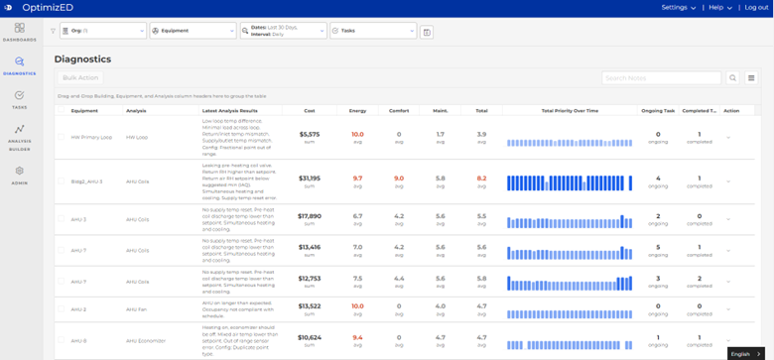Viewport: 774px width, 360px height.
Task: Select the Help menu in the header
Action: point(719,8)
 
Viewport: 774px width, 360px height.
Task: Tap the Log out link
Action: point(756,8)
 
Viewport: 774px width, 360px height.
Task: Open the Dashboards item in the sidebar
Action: point(19,32)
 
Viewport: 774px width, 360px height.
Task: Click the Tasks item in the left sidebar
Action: point(19,99)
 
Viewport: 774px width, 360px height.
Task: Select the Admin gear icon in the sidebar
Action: point(19,176)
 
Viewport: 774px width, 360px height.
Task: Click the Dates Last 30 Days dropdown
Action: point(282,31)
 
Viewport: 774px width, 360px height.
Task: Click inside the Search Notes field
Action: point(661,77)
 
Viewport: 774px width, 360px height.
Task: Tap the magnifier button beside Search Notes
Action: point(733,77)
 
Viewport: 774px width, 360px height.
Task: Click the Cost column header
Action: point(310,110)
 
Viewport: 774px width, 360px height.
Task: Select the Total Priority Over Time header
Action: point(570,110)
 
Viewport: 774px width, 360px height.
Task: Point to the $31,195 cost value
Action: point(310,179)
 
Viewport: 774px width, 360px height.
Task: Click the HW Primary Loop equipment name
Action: point(91,137)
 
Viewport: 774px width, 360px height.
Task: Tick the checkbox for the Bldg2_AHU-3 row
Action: point(61,181)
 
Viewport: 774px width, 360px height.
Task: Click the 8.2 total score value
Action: point(481,179)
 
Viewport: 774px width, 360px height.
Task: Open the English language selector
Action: point(744,353)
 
